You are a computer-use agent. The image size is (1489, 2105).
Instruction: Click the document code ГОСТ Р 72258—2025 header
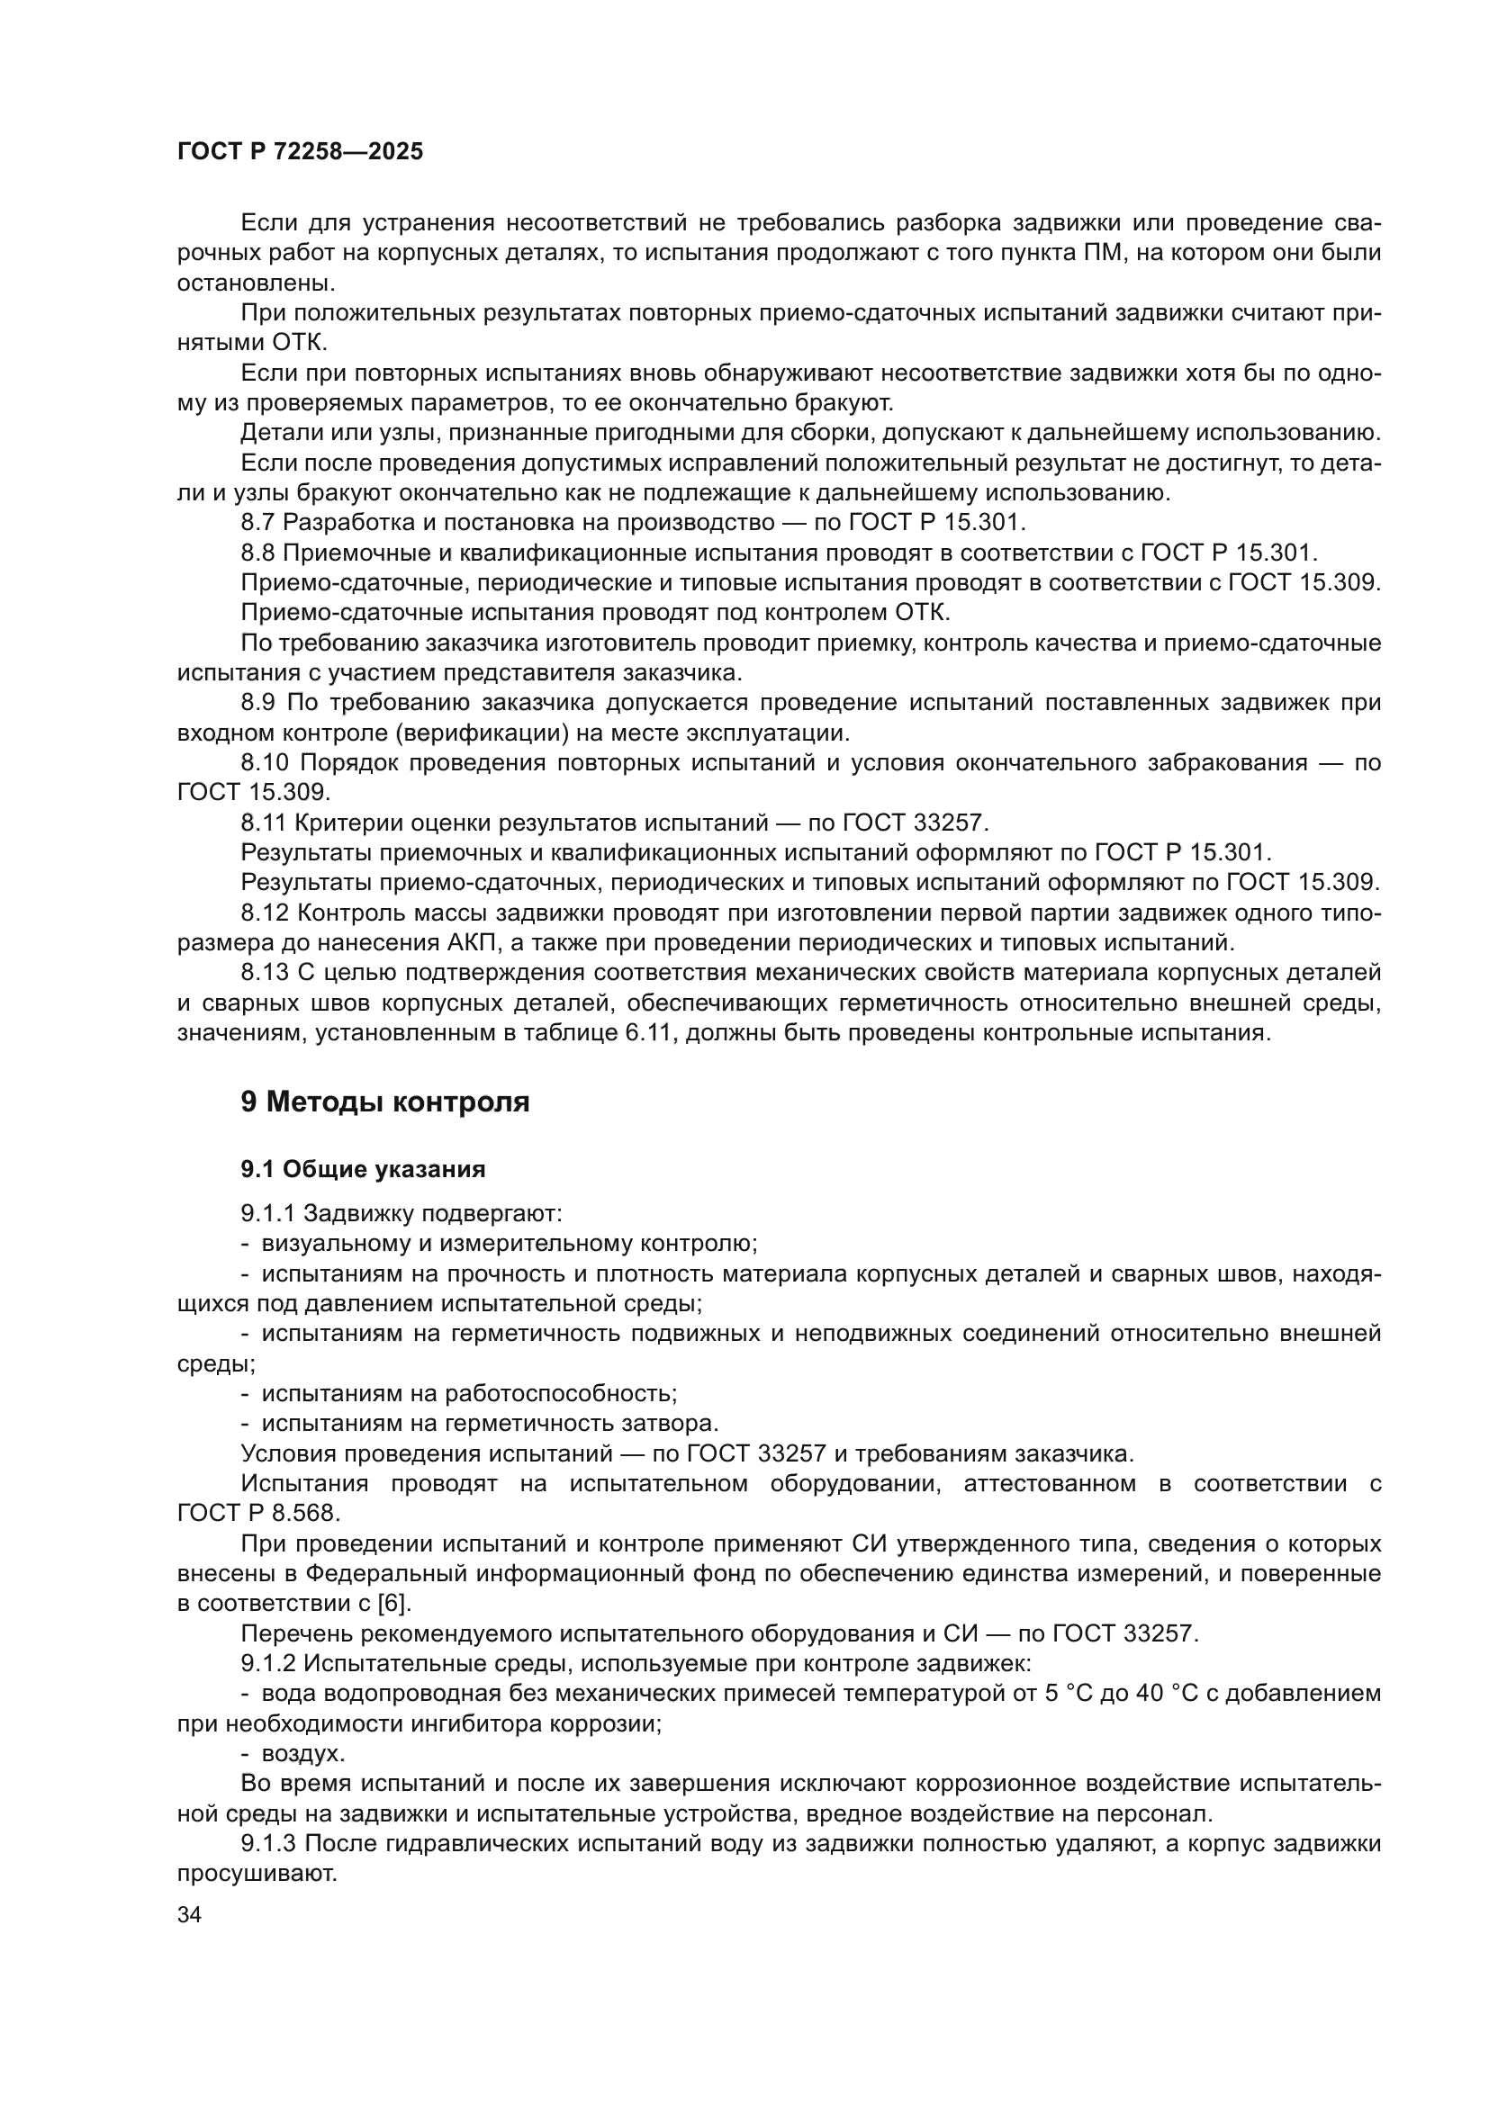tap(300, 152)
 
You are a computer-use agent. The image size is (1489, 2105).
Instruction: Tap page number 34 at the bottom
tap(189, 1915)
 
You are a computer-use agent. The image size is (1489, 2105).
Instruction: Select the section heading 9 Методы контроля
tap(385, 1101)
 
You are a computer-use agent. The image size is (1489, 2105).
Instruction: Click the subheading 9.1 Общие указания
tap(363, 1170)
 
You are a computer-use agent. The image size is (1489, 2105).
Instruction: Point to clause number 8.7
tap(257, 524)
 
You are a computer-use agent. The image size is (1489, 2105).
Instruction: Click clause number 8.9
tap(257, 703)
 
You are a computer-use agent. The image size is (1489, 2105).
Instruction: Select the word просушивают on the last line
tap(257, 1874)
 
